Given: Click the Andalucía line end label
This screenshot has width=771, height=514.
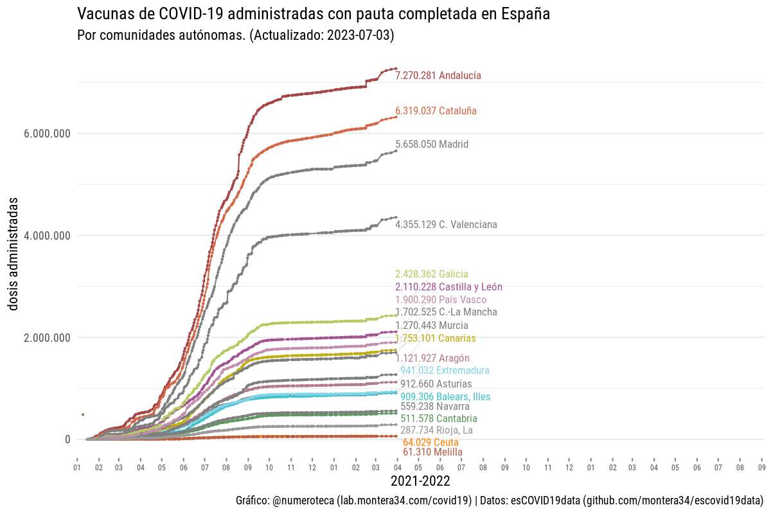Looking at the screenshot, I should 438,76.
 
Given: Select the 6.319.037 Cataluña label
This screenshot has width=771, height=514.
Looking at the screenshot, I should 436,111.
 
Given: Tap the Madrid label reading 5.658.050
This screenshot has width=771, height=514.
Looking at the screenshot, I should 432,145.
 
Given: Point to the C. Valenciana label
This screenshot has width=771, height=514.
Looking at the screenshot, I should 446,225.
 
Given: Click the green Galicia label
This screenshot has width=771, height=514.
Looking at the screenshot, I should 432,274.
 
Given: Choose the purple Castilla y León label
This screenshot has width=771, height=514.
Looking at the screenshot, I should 449,287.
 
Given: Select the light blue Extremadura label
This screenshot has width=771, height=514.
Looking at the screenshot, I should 445,371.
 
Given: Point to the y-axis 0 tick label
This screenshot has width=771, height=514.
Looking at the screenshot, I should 67,439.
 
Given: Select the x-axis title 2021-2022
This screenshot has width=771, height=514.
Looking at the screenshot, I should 420,481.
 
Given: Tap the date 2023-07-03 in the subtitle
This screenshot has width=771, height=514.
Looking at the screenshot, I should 359,35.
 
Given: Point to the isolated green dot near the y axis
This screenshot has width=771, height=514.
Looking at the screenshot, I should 83,414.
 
